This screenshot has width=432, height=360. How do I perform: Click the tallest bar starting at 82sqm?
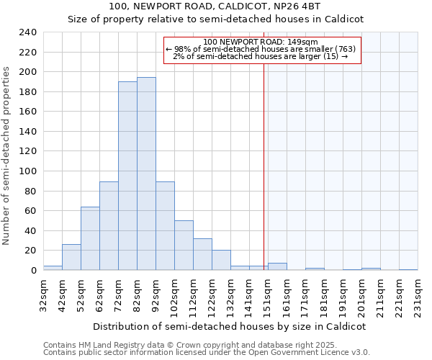click(146, 174)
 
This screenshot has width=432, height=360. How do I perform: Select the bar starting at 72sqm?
click(127, 176)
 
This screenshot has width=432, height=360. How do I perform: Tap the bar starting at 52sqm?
click(90, 238)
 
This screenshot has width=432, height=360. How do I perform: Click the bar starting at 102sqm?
click(184, 245)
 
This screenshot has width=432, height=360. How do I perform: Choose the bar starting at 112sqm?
click(202, 254)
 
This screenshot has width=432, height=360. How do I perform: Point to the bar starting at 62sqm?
click(109, 225)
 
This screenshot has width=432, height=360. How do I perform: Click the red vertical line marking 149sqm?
click(264, 166)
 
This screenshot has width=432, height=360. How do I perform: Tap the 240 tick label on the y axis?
click(28, 32)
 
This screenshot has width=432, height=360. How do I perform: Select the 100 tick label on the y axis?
click(28, 171)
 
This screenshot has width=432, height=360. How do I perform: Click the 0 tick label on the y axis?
click(33, 271)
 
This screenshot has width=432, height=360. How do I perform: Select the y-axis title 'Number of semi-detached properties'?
click(7, 156)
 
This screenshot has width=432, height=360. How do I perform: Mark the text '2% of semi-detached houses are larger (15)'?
click(261, 56)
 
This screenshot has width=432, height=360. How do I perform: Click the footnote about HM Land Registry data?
click(205, 345)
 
